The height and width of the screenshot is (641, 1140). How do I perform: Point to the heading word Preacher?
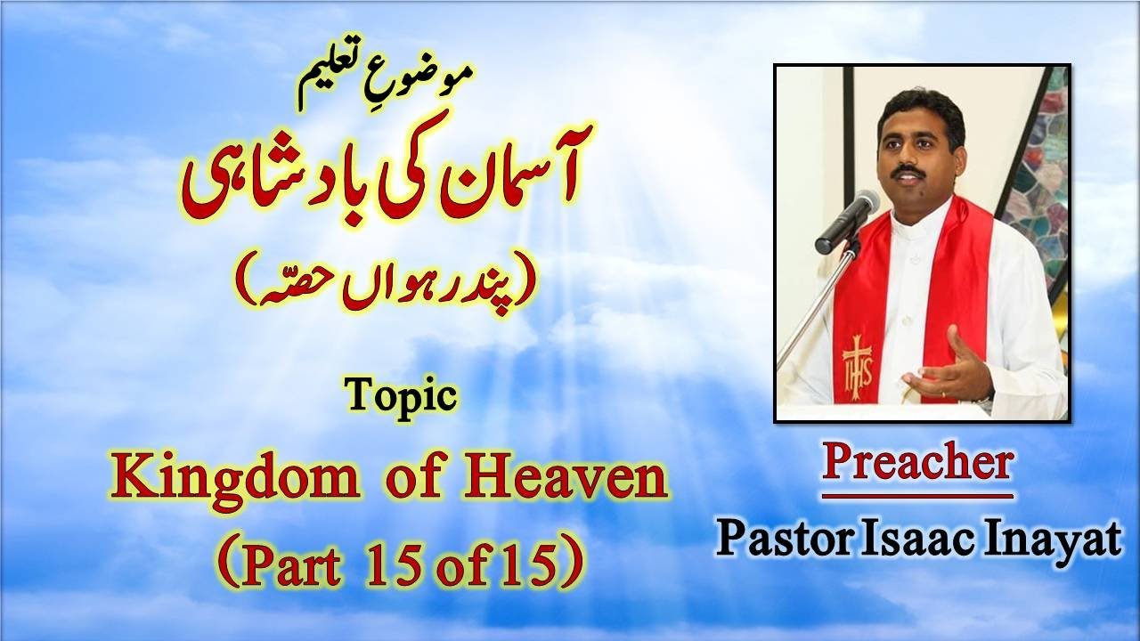click(x=917, y=464)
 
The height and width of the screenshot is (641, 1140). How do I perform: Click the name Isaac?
click(x=907, y=539)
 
